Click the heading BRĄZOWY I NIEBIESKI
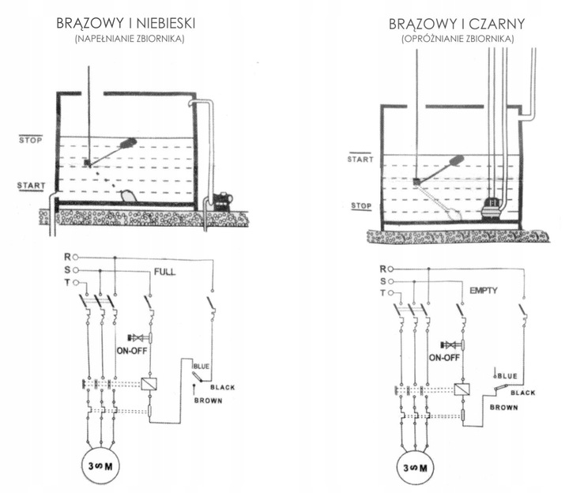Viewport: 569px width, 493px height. pyautogui.click(x=126, y=24)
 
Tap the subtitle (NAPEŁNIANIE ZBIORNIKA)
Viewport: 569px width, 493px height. pyautogui.click(x=126, y=39)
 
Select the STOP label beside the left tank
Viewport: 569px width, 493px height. pyautogui.click(x=30, y=141)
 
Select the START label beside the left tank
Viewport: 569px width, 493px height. pyautogui.click(x=30, y=186)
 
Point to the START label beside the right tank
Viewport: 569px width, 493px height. pyautogui.click(x=360, y=160)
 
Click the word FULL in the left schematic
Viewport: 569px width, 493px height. pyautogui.click(x=164, y=273)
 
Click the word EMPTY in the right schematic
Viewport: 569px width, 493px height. pyautogui.click(x=483, y=291)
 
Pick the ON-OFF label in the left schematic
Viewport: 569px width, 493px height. pyautogui.click(x=135, y=352)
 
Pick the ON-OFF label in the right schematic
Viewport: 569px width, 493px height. pyautogui.click(x=445, y=357)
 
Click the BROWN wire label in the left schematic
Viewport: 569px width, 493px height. pyautogui.click(x=208, y=401)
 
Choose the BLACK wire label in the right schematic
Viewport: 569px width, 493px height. pyautogui.click(x=522, y=393)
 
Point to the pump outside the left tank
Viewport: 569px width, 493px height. pyautogui.click(x=220, y=200)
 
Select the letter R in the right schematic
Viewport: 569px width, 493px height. pyautogui.click(x=383, y=269)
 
